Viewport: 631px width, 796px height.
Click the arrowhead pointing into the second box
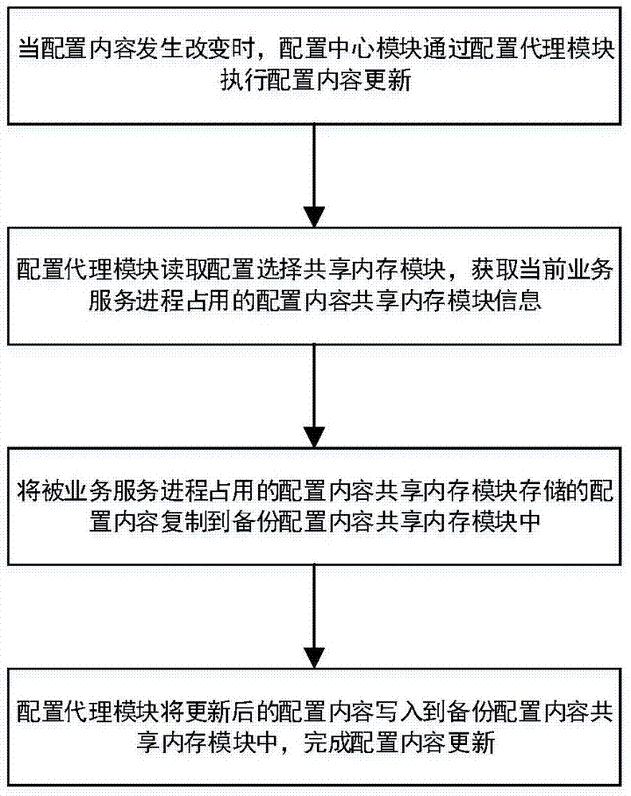pyautogui.click(x=315, y=213)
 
